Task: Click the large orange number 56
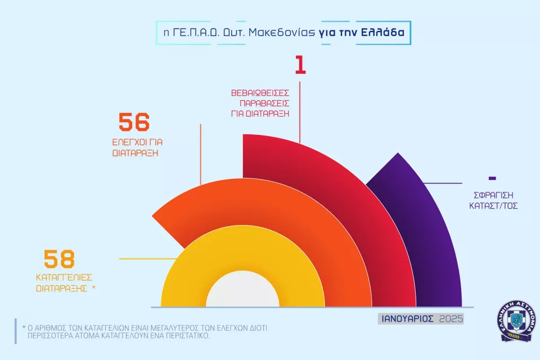(134, 122)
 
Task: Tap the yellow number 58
(59, 259)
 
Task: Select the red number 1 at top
(300, 65)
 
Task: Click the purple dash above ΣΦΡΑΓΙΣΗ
(492, 178)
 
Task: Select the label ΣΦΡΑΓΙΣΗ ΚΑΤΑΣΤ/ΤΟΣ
(493, 201)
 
